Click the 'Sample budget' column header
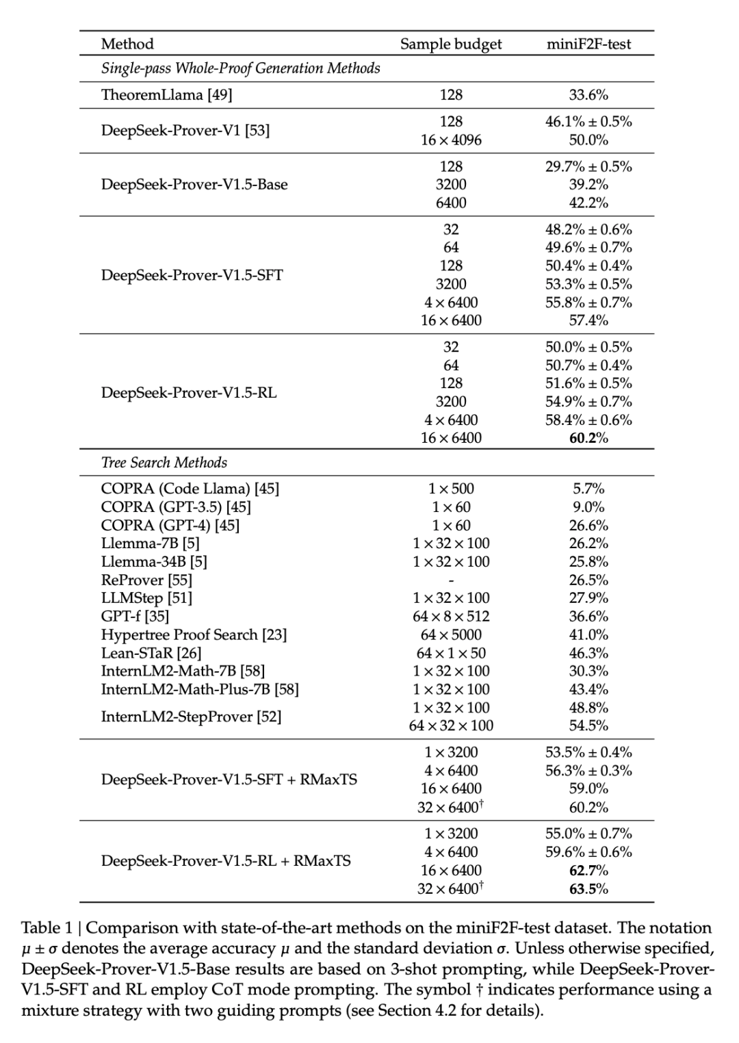pos(450,44)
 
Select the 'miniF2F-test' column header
pos(588,44)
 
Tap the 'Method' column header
pos(127,44)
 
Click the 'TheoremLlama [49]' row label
pos(166,94)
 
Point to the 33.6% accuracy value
pos(588,94)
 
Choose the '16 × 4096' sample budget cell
pos(451,140)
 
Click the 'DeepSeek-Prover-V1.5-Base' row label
pos(194,184)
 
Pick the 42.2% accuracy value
pos(588,203)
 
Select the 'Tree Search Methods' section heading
pos(164,462)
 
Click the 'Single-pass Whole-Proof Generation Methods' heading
pos(240,68)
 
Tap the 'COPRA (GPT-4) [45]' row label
pos(170,525)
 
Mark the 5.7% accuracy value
pos(588,489)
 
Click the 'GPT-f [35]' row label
pos(135,616)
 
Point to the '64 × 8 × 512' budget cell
pos(451,616)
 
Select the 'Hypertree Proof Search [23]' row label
pos(194,634)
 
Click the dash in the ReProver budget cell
pos(451,580)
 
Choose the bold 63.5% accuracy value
pos(588,888)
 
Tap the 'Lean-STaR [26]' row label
pos(151,653)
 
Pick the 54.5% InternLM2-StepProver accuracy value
pos(588,725)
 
